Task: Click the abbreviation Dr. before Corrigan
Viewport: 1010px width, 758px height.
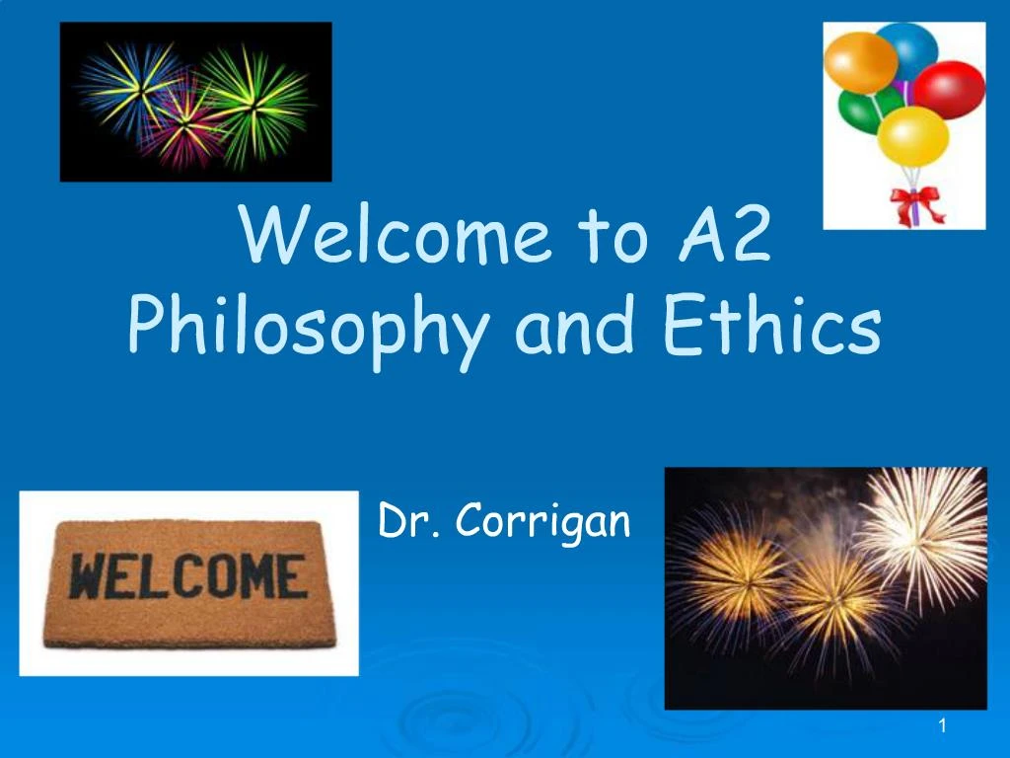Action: coord(402,520)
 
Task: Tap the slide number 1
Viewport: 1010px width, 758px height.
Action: coord(943,727)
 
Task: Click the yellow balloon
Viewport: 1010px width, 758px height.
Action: coord(912,136)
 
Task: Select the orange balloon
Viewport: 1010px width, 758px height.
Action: coord(860,61)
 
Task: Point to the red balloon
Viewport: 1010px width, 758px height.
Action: coord(950,89)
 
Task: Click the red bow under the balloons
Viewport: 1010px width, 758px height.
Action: coord(917,205)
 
